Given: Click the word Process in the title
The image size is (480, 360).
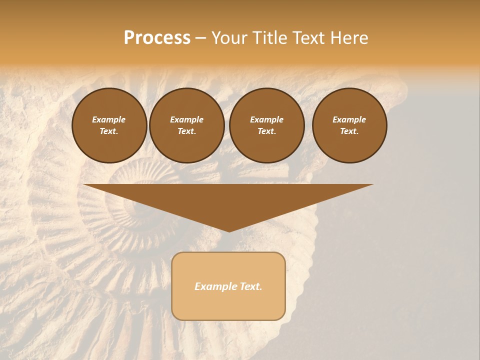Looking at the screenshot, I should coord(157,38).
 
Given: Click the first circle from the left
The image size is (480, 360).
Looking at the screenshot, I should coord(109,125).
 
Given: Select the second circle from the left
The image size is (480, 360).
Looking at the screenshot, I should coord(187,125).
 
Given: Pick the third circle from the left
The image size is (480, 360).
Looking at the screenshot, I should coord(267,125).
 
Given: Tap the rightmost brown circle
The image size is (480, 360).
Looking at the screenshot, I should coord(349,125).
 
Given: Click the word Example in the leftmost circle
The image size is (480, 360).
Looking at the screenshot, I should coord(109,119).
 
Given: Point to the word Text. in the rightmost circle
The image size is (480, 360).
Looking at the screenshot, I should coord(349,131).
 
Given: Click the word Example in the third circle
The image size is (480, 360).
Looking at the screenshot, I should coord(266,119).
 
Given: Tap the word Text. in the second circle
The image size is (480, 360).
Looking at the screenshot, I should coord(187,131).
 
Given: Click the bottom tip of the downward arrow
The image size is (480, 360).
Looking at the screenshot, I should coord(229,231).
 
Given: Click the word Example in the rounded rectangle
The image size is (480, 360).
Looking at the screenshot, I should coord(214,286).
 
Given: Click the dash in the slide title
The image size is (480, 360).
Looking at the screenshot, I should coord(200,38).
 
